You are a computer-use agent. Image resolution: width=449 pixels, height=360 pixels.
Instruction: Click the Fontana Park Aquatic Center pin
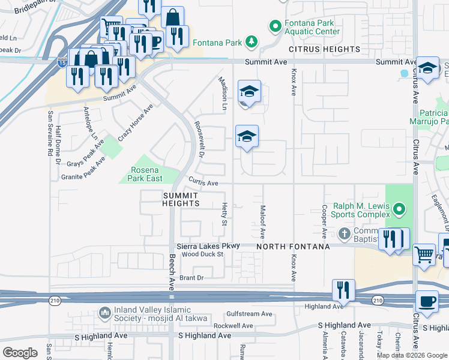point(275,26)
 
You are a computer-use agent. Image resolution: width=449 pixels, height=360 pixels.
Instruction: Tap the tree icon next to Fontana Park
point(252,42)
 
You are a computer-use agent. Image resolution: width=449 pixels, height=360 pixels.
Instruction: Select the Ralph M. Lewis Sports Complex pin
point(399,210)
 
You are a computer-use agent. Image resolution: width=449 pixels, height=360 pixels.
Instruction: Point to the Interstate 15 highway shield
point(62,62)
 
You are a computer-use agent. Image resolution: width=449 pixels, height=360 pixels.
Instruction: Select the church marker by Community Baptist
point(344,233)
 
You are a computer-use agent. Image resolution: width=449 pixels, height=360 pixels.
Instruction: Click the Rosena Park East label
point(146,174)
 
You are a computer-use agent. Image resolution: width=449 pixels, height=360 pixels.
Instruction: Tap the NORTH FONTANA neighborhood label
point(294,247)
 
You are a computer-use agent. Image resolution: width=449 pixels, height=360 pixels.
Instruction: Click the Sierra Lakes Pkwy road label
point(208,246)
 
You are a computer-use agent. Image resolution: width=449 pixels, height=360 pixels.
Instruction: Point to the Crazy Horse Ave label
point(136,122)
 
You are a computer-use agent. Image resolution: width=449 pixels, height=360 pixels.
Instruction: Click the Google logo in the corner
point(20,352)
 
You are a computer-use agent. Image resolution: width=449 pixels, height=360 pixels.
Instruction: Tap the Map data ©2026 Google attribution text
point(412,355)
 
